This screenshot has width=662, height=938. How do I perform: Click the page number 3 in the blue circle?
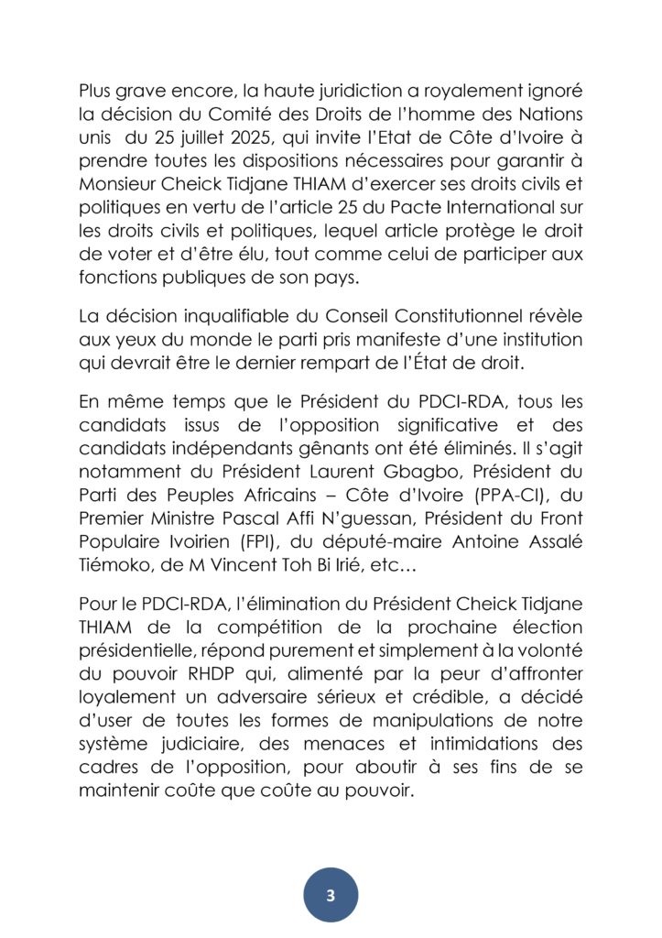click(x=331, y=894)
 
